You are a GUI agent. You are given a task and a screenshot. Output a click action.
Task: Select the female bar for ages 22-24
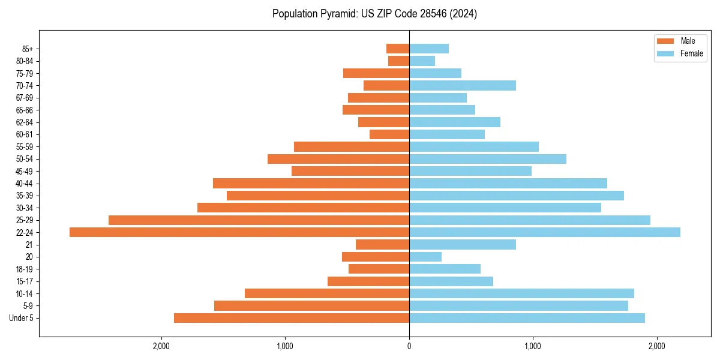pos(544,232)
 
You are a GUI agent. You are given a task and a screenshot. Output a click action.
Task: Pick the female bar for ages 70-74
pos(462,86)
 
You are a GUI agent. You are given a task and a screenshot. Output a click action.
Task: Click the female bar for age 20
pos(425,257)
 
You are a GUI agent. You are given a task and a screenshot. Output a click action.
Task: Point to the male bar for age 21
pos(382,245)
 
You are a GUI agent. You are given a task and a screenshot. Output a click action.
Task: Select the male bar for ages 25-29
pos(259,220)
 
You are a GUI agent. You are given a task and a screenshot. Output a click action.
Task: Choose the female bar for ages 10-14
pos(521,293)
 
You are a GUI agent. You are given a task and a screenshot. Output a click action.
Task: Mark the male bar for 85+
pos(397,49)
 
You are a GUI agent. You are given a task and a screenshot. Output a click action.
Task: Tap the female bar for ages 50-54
pos(487,159)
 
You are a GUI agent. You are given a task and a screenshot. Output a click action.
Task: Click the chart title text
pos(374,14)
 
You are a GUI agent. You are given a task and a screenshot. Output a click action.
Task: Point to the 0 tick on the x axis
pos(409,346)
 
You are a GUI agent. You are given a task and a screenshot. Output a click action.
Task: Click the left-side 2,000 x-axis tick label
pos(161,346)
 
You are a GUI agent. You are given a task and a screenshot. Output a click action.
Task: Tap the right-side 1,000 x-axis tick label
pos(533,346)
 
